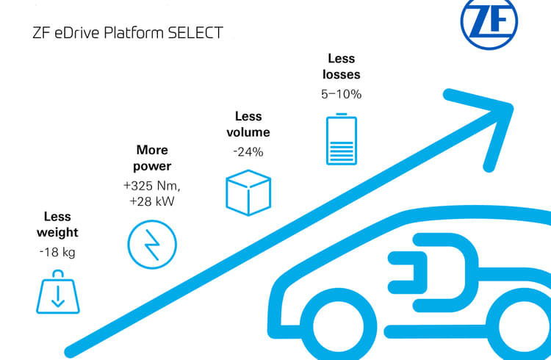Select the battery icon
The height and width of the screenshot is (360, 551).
(x=340, y=138)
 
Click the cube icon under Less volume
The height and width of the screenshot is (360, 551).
(x=248, y=192)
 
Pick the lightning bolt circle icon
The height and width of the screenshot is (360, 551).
(x=152, y=244)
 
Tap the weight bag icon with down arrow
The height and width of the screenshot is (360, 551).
(x=57, y=292)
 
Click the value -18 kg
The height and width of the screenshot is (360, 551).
(x=57, y=252)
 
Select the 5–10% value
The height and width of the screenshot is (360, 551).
(x=340, y=94)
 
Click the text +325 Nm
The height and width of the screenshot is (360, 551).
(x=152, y=186)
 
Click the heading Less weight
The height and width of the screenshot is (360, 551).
(x=57, y=225)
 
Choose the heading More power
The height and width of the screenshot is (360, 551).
(x=152, y=158)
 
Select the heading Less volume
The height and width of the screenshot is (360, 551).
(x=248, y=124)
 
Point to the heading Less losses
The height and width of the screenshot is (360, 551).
(x=340, y=66)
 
